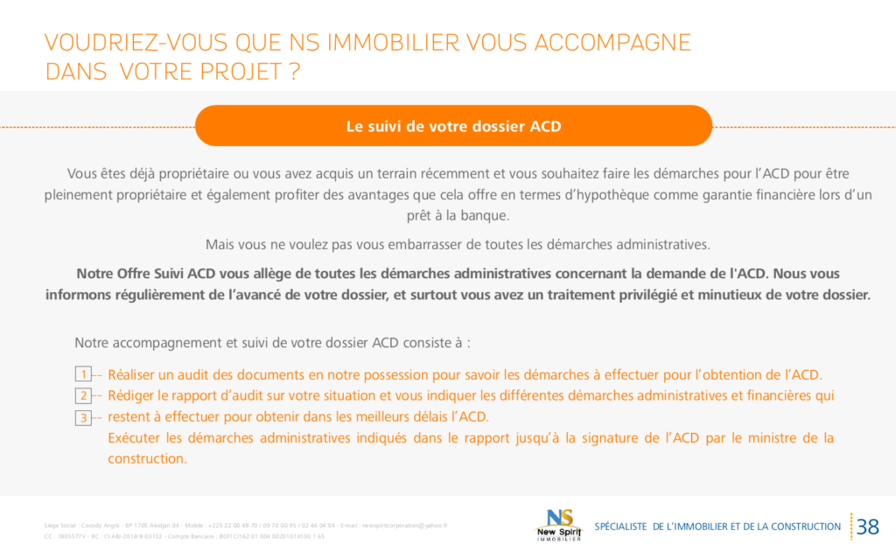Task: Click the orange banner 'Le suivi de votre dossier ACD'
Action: [453, 126]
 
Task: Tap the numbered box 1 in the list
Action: [83, 374]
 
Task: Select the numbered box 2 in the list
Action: [83, 396]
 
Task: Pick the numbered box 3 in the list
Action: [83, 417]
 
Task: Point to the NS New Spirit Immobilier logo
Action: [558, 525]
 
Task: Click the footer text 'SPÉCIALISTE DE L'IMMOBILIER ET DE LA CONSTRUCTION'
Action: [717, 527]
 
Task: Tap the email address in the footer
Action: [404, 526]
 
